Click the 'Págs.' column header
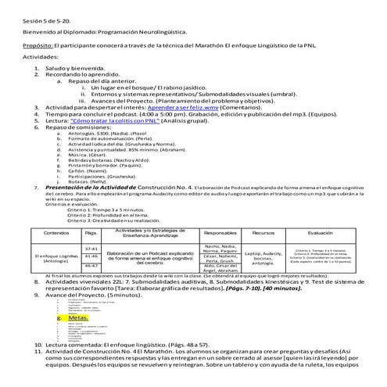tap(91, 234)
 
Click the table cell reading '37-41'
tap(91, 247)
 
